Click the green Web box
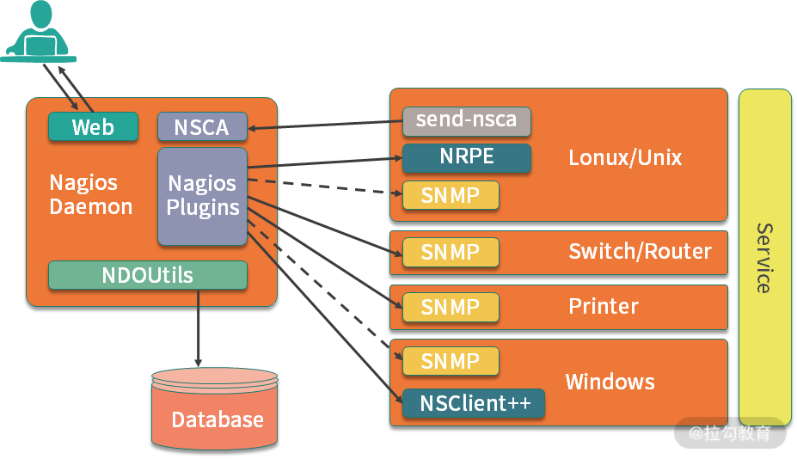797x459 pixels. pos(93,127)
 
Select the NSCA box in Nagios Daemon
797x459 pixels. pos(202,127)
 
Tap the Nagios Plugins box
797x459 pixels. pos(202,196)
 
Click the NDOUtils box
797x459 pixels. pos(147,275)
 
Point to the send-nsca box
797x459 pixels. pos(466,120)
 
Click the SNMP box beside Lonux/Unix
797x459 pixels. pos(451,196)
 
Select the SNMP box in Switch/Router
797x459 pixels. pos(451,253)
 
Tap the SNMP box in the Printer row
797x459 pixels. pos(451,307)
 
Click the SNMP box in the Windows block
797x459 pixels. pos(451,361)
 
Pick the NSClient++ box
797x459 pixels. pos(474,402)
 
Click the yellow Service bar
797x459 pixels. pos(764,256)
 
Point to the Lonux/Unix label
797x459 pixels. pos(625,158)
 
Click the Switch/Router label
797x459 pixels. pos(640,252)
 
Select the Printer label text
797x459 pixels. pos(604,307)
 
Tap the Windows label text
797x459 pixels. pos(610,382)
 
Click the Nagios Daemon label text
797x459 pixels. pos(90,195)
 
